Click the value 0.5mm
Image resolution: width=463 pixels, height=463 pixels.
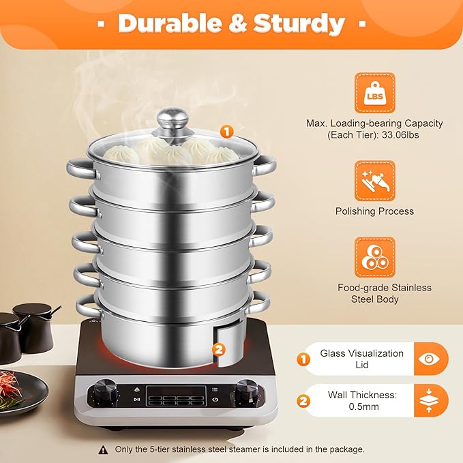[363, 406]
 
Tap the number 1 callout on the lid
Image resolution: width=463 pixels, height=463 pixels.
[226, 132]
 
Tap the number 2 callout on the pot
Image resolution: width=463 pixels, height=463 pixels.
[218, 349]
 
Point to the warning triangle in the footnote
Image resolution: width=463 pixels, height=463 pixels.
[103, 449]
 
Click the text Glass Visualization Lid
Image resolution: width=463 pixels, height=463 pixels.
[361, 359]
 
